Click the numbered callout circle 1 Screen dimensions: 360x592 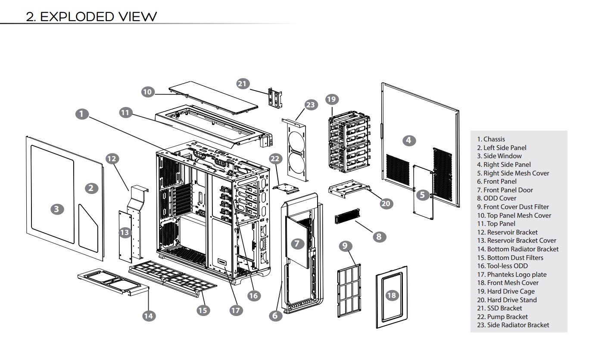pos(81,114)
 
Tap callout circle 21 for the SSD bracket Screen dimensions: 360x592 pos(243,83)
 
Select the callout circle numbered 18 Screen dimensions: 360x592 pos(391,295)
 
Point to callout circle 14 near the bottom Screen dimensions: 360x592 pos(148,316)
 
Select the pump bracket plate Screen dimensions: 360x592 pos(286,188)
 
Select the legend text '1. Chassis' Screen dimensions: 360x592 pos(491,139)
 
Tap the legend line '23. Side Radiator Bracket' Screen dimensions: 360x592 pos(513,325)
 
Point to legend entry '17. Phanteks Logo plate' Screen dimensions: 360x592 pos(511,274)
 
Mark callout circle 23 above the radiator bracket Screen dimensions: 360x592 pos(310,104)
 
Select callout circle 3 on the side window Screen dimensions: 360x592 pos(56,210)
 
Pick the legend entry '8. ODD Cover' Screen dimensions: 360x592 pos(496,198)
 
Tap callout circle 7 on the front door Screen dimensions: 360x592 pos(297,244)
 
